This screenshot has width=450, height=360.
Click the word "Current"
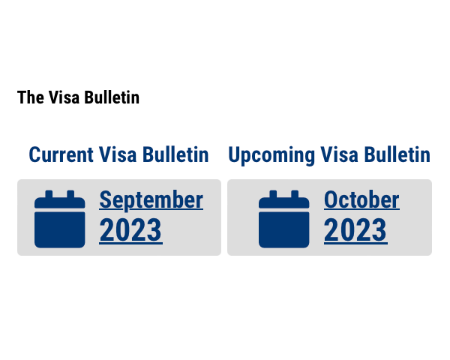coord(61,154)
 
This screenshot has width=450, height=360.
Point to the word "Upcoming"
coord(271,155)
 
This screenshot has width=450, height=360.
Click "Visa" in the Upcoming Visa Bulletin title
coord(339,154)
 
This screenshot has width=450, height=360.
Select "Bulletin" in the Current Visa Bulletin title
coord(175,154)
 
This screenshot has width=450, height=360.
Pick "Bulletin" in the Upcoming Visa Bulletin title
coord(397,154)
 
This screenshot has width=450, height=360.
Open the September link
coord(151,200)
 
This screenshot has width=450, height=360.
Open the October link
coord(361,199)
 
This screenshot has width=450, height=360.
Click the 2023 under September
coord(130,230)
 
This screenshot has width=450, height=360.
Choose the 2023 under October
coord(355,230)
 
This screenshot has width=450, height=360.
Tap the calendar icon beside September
coord(60,219)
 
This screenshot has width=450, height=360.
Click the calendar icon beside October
coord(283,219)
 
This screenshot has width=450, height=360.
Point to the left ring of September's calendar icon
coord(49,194)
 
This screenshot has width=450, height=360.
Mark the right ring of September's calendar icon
coord(70,194)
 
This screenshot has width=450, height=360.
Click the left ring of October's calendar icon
coord(273,194)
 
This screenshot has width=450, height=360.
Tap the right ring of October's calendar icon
coord(295,194)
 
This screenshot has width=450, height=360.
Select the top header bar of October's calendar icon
coord(283,202)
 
